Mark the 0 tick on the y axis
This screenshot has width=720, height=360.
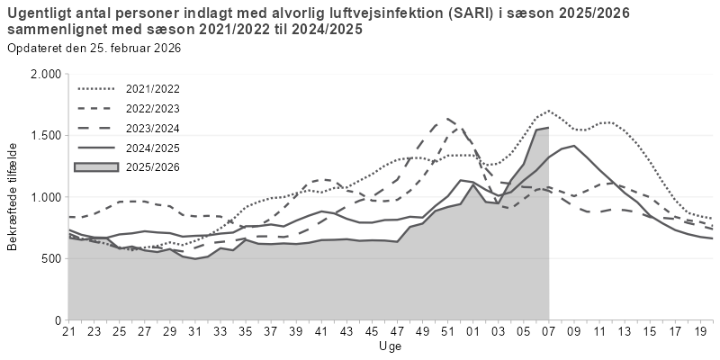coord(57,319)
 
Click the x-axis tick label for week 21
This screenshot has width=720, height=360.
coord(68,332)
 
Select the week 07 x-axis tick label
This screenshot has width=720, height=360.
coord(548,332)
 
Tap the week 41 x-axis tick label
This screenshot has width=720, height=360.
coord(320,332)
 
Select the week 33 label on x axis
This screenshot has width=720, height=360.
coord(220,332)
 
